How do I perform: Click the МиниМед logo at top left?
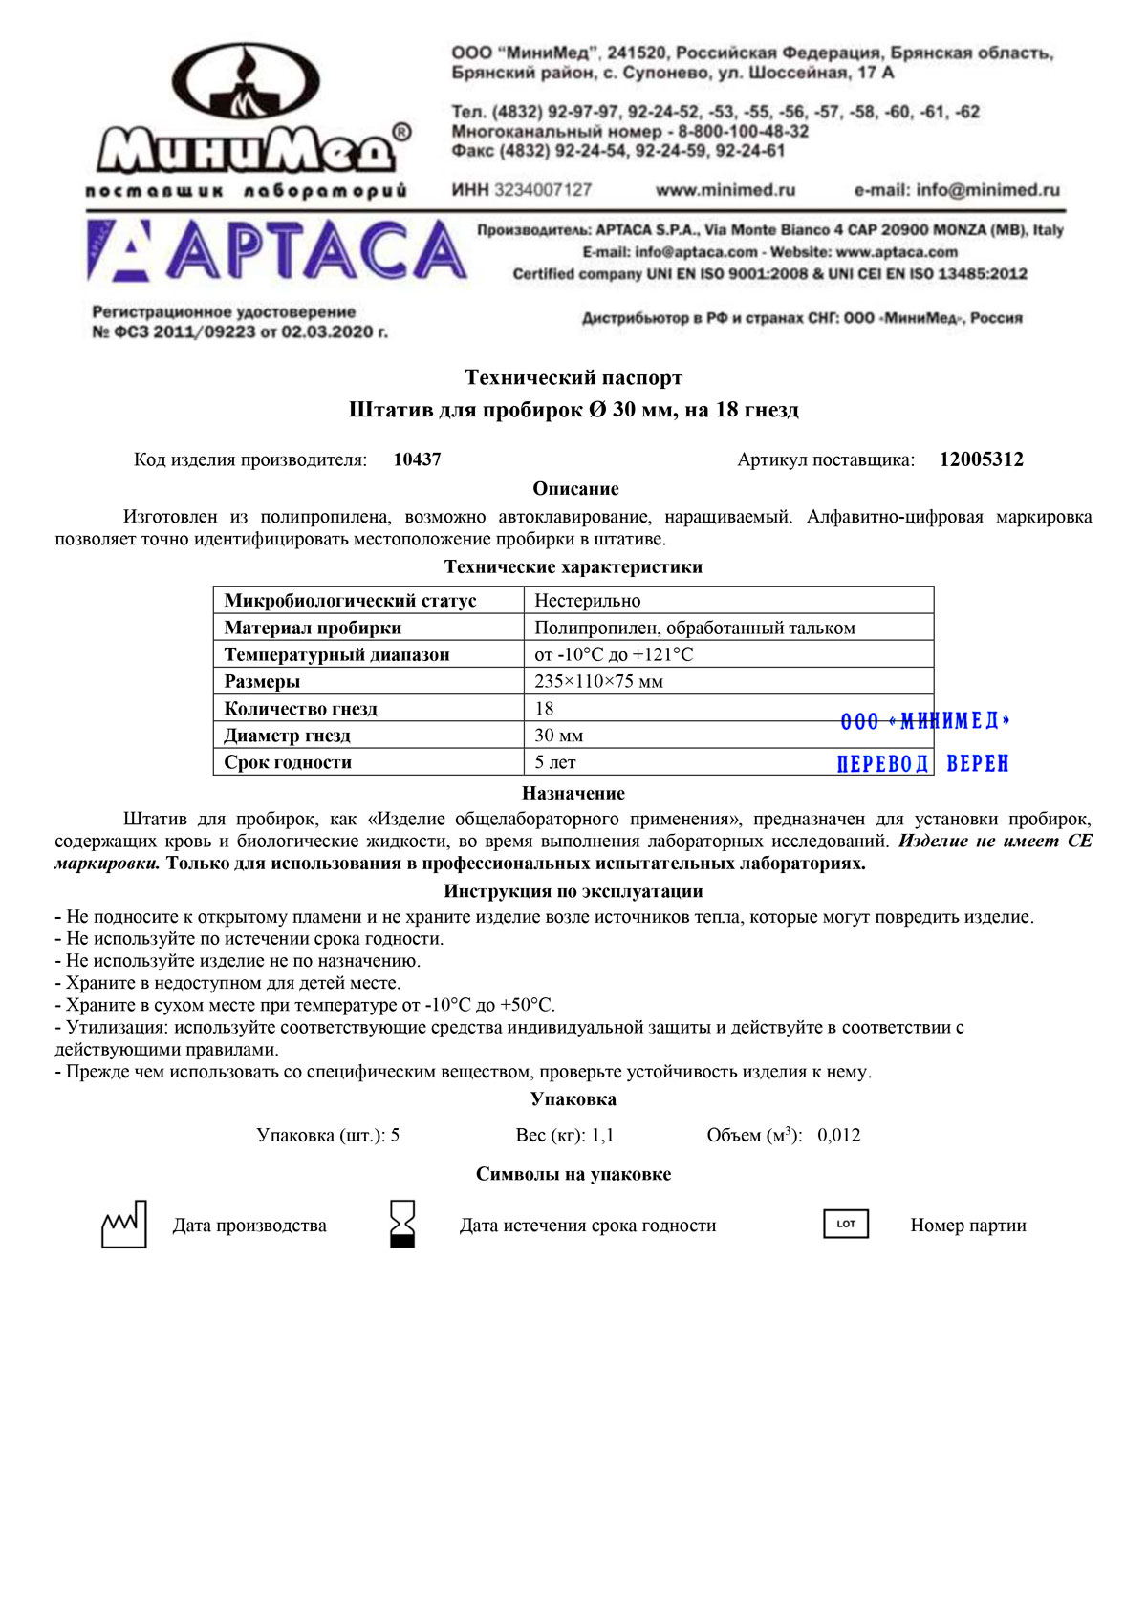point(250,119)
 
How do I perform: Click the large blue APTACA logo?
point(277,250)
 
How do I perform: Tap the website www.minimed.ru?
point(725,190)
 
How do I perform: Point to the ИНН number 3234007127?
point(543,190)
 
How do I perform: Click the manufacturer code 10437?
point(418,459)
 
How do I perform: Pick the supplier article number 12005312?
point(981,459)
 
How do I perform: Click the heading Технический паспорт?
point(573,378)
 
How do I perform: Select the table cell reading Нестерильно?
point(588,601)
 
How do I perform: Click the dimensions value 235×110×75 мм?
point(599,681)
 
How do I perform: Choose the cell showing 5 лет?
point(555,762)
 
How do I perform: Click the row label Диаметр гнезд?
point(288,736)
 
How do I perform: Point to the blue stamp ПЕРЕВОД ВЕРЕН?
point(922,763)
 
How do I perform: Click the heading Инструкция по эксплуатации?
point(573,891)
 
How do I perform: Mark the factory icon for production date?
point(124,1225)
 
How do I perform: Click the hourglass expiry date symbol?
point(402,1225)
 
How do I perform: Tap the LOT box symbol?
point(846,1224)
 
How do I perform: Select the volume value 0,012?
point(839,1136)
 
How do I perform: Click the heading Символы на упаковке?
point(573,1174)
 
